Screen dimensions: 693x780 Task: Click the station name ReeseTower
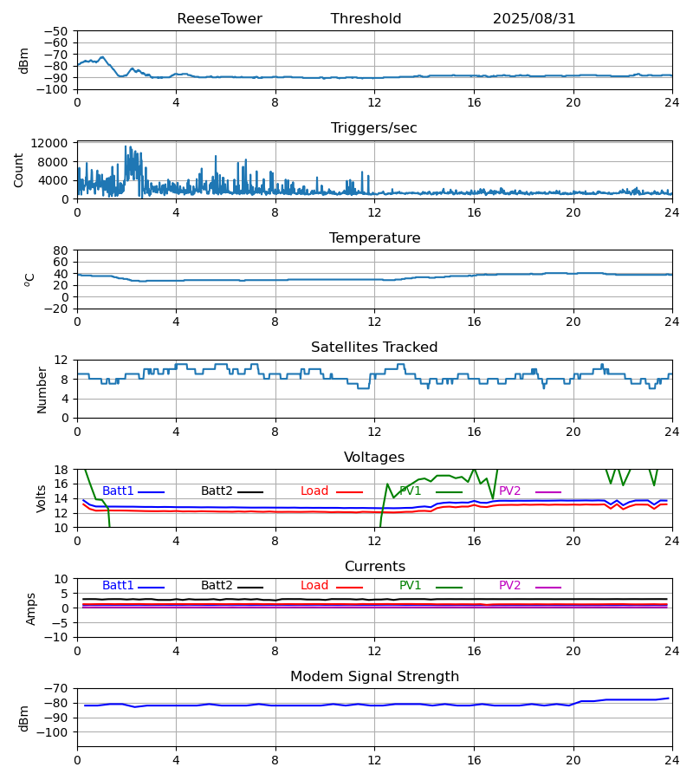click(219, 19)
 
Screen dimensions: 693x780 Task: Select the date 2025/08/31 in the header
click(534, 19)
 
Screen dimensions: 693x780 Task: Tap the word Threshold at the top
click(366, 19)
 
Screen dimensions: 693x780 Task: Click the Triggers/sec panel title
click(374, 128)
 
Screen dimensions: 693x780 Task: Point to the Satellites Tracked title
click(374, 348)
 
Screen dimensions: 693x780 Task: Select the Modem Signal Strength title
click(374, 677)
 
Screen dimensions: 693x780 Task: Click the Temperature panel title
click(374, 237)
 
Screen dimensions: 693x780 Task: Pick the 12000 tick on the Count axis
click(49, 143)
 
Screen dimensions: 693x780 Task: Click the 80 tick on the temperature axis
click(61, 250)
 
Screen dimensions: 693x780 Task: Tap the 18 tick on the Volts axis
click(61, 470)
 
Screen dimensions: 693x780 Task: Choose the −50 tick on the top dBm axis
click(56, 31)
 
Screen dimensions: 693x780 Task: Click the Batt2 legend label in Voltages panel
click(217, 491)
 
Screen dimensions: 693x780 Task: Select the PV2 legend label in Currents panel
click(509, 586)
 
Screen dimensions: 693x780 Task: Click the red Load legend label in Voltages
click(314, 491)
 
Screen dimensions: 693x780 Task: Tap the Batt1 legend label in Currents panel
click(118, 586)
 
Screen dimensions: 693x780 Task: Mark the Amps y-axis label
click(31, 609)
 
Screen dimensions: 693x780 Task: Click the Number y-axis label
click(42, 390)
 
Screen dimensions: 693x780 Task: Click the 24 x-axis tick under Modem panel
click(671, 761)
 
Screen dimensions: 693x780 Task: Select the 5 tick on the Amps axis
click(64, 594)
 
